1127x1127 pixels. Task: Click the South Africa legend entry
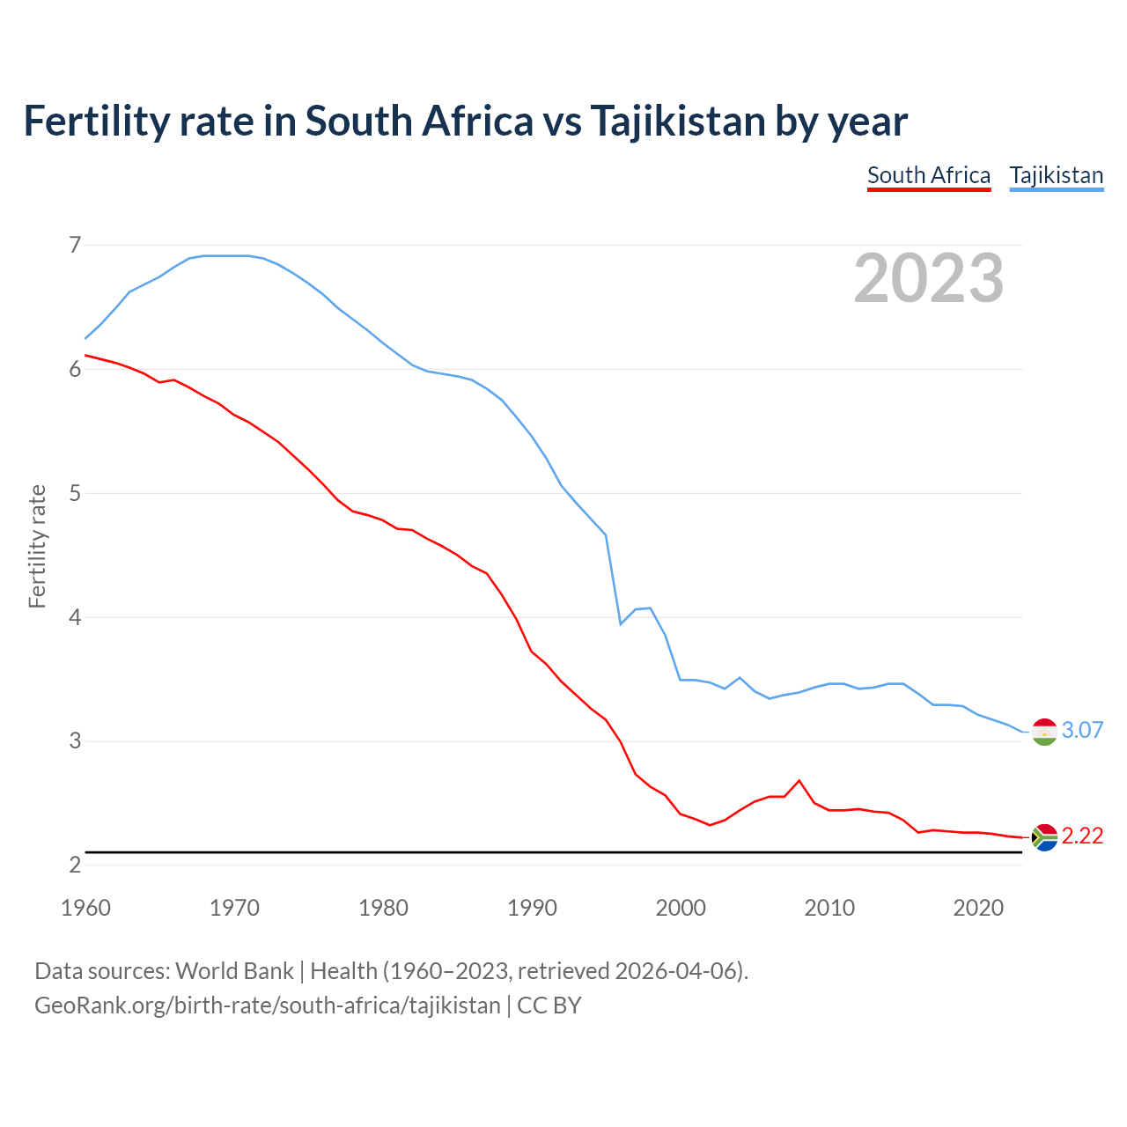[929, 175]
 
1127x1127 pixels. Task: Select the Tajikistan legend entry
[1056, 175]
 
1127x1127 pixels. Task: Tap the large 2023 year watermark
[929, 278]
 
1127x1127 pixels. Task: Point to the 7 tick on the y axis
[75, 245]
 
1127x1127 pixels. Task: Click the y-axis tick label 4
[75, 617]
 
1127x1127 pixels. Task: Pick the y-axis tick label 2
[75, 865]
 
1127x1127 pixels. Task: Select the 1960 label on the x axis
[85, 908]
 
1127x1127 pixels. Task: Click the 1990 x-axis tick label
[532, 908]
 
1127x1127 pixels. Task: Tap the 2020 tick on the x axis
[978, 908]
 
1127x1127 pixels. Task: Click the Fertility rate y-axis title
[37, 546]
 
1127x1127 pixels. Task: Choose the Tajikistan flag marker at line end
[1044, 731]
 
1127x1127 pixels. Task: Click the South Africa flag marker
[1044, 836]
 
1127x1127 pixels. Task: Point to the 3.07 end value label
[1082, 730]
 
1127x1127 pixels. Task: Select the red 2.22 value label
[1082, 836]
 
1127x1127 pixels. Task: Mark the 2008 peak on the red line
[799, 780]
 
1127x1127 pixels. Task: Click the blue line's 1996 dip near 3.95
[621, 623]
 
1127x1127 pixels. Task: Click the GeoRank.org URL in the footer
[267, 1005]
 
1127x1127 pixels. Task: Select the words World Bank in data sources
[234, 971]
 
